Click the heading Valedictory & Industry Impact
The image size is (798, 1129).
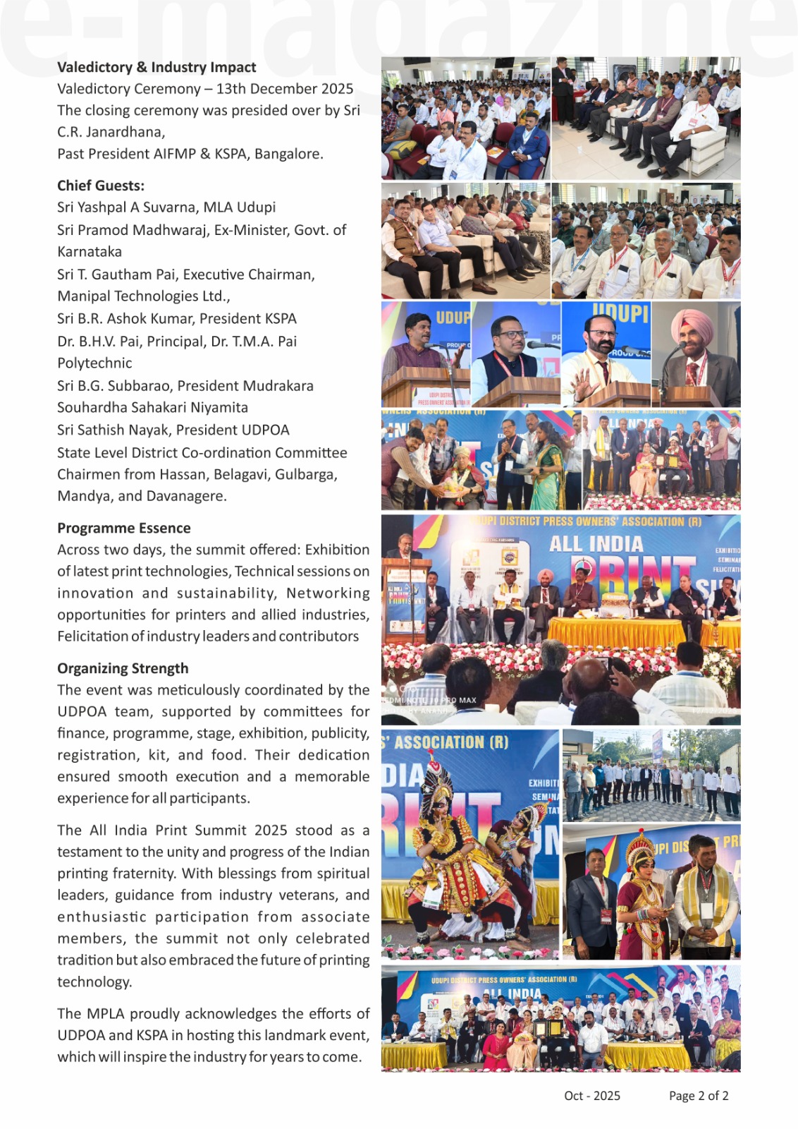tap(156, 68)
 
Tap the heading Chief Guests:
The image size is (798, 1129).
tap(101, 186)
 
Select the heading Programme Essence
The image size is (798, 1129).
tap(124, 529)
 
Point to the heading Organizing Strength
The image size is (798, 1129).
tap(123, 668)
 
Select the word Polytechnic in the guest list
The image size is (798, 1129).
tap(94, 363)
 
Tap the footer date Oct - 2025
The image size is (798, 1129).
tap(592, 1096)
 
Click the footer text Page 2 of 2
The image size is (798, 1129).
tap(699, 1096)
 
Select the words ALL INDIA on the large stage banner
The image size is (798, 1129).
tap(596, 544)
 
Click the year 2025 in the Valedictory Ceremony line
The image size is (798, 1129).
tap(331, 89)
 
